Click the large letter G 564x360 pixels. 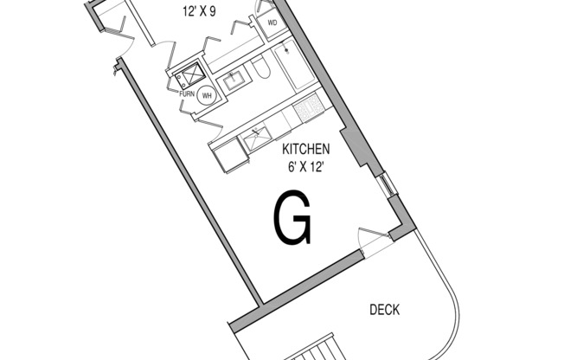point(292,218)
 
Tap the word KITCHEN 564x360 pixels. point(305,149)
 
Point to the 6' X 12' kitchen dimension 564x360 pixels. point(304,167)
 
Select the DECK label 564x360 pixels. point(385,310)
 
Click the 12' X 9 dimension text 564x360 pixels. point(199,11)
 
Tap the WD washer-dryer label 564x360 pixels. point(272,23)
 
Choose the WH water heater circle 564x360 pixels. point(207,95)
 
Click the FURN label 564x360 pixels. point(187,94)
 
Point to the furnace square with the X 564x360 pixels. point(190,75)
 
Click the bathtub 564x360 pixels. point(294,65)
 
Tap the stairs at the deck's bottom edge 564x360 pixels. point(317,349)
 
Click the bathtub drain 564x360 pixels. point(286,50)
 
